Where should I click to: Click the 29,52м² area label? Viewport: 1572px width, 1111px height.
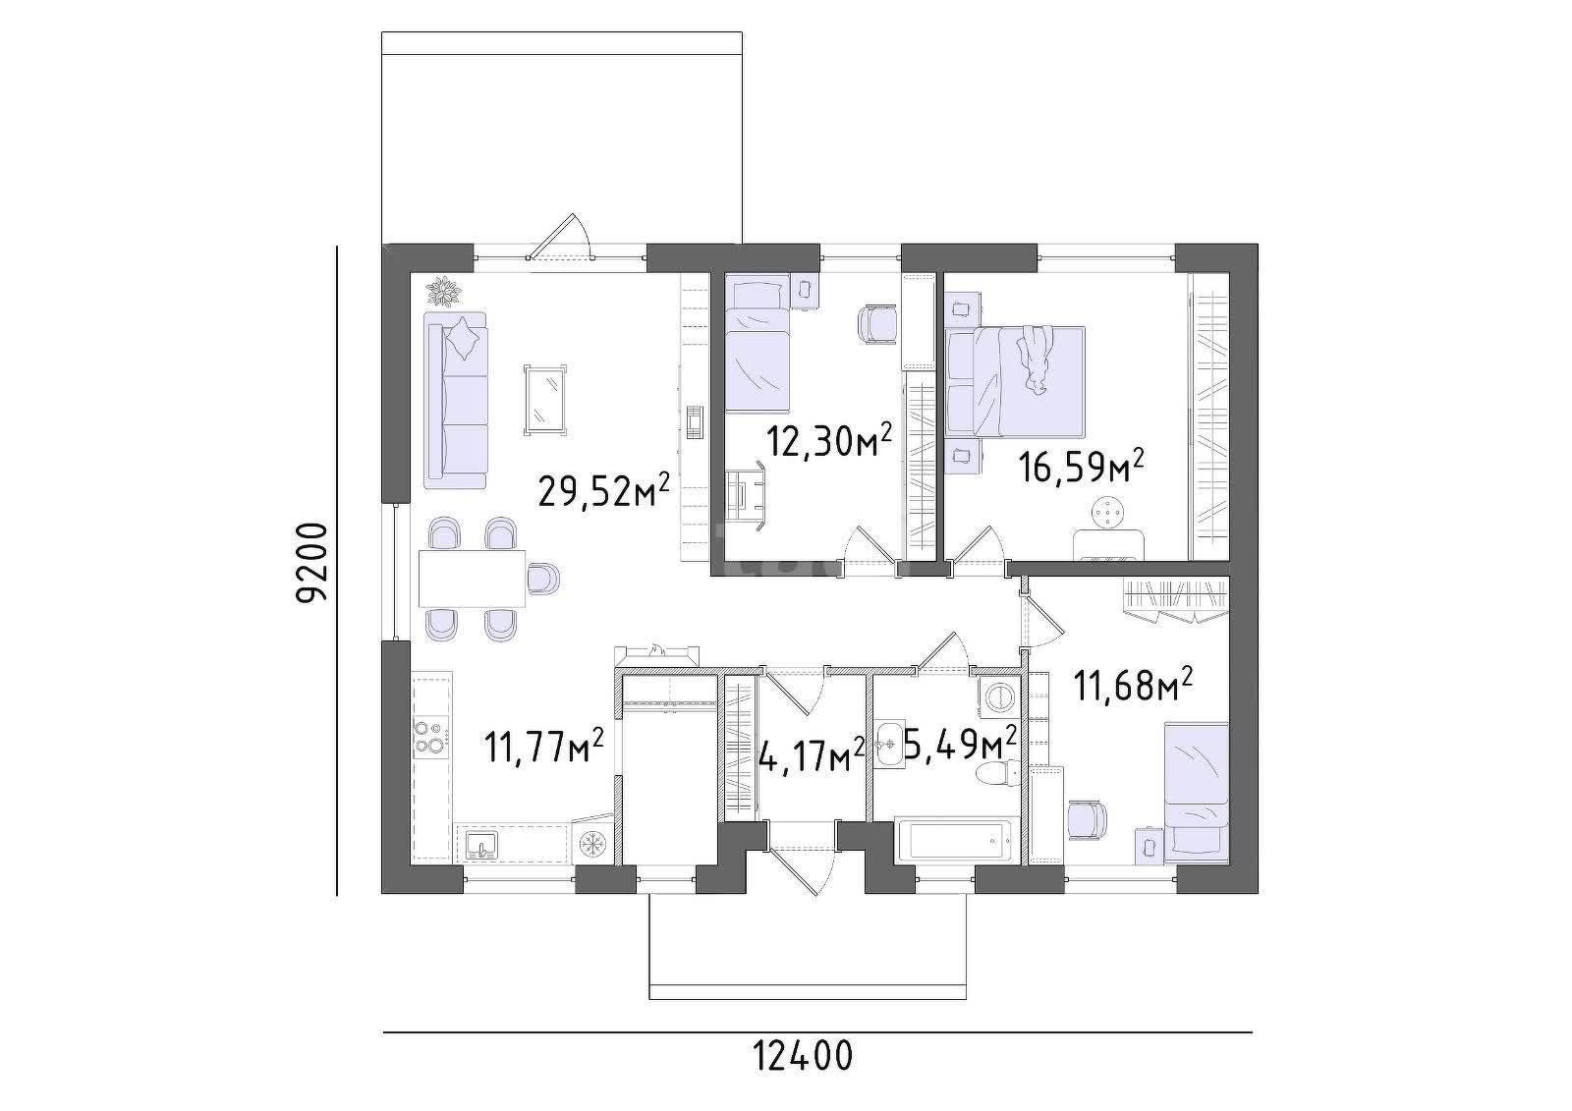point(603,489)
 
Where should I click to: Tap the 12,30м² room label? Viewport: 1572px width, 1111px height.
point(830,441)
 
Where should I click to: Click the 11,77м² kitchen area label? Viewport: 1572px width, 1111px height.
point(544,746)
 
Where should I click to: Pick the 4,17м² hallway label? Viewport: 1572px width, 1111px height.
point(813,755)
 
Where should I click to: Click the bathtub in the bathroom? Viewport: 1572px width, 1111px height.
point(957,840)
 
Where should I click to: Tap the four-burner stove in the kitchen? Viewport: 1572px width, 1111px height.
point(431,737)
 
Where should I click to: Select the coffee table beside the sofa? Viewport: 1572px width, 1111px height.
point(544,400)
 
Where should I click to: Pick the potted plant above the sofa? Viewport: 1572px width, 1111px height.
point(445,292)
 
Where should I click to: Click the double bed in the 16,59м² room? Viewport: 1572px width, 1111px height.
point(1015,382)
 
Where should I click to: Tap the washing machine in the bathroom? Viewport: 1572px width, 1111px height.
point(998,696)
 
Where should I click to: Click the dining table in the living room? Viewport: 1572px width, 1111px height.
point(472,579)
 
